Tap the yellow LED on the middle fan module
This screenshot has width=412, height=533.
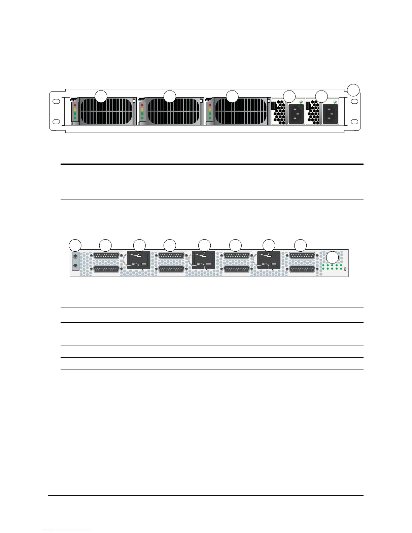(x=143, y=110)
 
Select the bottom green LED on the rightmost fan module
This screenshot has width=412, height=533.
(x=210, y=118)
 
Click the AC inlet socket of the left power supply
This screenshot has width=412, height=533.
(x=296, y=114)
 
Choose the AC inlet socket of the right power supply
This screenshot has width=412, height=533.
(x=331, y=114)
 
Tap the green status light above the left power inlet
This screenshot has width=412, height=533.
(x=301, y=102)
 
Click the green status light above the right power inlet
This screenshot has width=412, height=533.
(x=335, y=102)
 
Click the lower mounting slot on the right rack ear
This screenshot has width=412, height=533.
(x=354, y=121)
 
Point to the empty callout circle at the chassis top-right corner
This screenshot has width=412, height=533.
(x=353, y=90)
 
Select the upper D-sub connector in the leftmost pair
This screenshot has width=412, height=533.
(x=106, y=256)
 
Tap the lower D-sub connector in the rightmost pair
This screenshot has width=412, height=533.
(x=302, y=270)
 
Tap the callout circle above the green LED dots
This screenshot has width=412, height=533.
(x=333, y=257)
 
